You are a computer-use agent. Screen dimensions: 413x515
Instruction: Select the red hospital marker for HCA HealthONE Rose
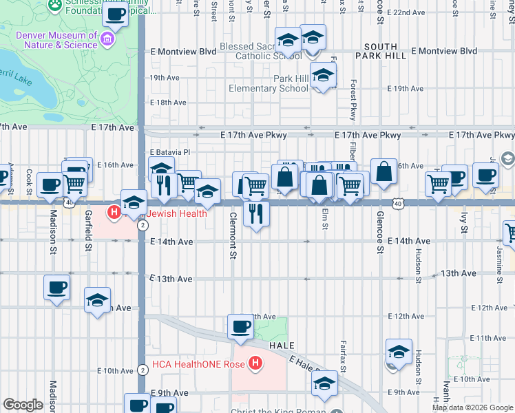[255, 363]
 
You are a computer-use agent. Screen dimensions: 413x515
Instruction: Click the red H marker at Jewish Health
[114, 213]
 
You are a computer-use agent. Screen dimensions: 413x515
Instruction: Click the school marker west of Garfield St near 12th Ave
[98, 299]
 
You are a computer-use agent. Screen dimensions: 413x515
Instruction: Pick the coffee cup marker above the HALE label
[240, 326]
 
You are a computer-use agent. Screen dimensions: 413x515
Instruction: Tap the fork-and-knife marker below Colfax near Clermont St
[256, 213]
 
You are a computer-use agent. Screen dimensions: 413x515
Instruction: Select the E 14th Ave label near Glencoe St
[409, 242]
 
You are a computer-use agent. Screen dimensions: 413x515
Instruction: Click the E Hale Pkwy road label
[308, 366]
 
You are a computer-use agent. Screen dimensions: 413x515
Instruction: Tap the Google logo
[23, 405]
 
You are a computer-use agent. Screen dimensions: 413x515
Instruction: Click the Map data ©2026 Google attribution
[472, 407]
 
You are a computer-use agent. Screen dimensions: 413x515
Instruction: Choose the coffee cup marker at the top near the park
[116, 14]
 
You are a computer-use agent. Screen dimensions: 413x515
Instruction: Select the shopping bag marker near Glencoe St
[383, 172]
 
